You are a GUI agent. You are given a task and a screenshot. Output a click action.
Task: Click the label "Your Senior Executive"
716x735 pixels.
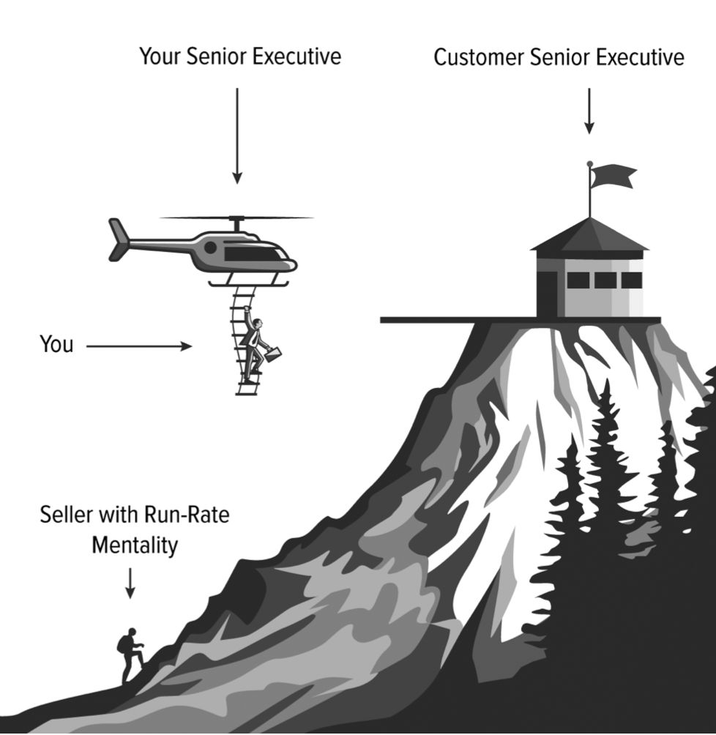click(240, 56)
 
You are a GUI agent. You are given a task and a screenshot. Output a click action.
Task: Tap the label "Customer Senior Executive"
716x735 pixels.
click(559, 57)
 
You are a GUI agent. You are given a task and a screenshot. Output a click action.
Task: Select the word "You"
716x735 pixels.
click(56, 345)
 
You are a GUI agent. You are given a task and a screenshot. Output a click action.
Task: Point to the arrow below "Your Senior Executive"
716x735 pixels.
click(236, 135)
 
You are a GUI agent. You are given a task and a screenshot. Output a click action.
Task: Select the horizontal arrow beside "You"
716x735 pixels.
click(138, 346)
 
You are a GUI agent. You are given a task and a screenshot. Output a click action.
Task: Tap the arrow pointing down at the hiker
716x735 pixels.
click(130, 582)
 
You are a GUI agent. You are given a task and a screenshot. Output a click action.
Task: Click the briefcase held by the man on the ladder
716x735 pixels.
click(273, 354)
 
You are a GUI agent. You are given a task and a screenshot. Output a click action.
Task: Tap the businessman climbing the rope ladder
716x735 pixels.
click(253, 344)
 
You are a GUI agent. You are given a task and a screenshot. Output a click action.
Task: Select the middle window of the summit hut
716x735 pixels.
click(605, 280)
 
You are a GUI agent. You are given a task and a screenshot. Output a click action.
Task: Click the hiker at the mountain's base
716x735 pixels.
click(130, 654)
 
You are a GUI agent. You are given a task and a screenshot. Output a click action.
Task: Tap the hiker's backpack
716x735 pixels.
click(122, 644)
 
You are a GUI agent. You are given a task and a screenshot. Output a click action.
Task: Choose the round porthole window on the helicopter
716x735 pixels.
click(210, 247)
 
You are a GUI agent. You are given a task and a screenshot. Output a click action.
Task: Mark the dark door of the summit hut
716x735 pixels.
click(547, 293)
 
